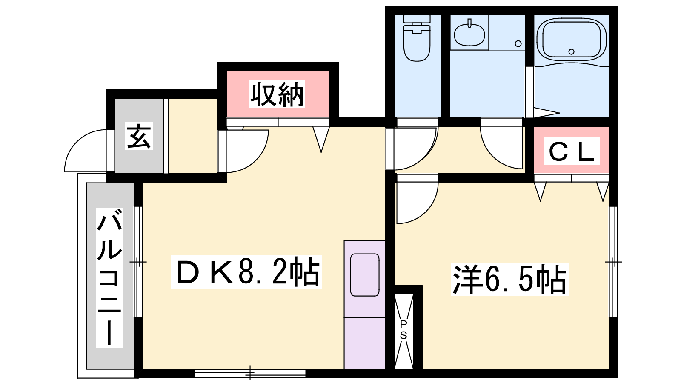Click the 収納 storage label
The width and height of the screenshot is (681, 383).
[277, 94]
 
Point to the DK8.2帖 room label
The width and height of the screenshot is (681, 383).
[246, 272]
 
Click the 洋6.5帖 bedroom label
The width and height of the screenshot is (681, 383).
[509, 279]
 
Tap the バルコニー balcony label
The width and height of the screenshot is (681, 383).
[109, 277]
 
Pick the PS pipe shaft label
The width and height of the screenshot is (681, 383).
[403, 330]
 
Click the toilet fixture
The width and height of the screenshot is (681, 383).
[417, 38]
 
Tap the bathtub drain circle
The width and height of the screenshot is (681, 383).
[571, 51]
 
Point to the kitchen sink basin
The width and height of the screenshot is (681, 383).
[364, 275]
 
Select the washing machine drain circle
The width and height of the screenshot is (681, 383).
[518, 43]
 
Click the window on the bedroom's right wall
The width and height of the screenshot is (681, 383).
[614, 262]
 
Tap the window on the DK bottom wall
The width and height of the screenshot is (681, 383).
[250, 373]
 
